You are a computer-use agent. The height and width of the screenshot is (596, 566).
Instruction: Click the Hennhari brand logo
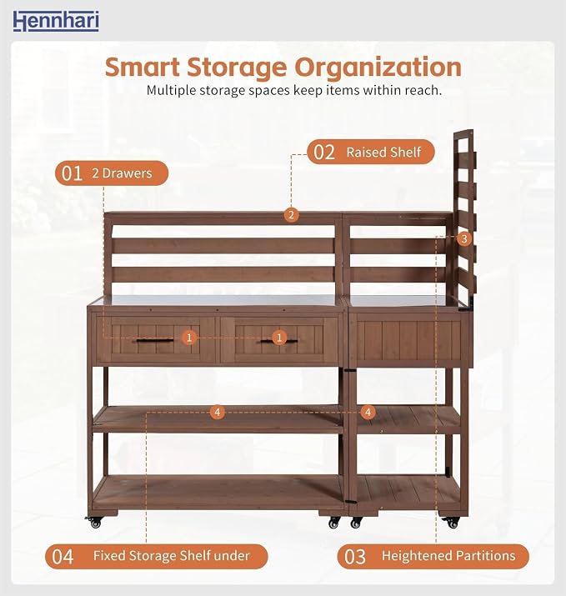tap(56, 21)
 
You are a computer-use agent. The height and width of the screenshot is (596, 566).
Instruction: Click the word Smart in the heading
tap(143, 68)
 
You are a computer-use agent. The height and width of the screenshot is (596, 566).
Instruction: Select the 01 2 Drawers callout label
tap(112, 173)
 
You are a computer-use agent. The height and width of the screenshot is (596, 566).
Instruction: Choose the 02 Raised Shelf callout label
tap(371, 152)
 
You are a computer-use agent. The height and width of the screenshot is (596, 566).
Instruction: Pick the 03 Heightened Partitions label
tap(433, 556)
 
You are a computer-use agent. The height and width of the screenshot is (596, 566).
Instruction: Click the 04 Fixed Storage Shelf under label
tap(156, 556)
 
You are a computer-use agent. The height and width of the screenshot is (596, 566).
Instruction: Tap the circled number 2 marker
tap(291, 215)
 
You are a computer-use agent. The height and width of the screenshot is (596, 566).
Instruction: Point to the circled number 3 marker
tap(463, 239)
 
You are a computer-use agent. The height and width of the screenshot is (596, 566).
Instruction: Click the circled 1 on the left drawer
tap(189, 338)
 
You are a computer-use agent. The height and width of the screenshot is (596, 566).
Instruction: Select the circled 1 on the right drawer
tap(279, 338)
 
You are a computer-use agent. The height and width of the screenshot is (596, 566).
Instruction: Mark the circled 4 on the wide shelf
tap(217, 412)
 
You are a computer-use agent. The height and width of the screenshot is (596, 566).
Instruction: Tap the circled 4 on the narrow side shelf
tap(368, 412)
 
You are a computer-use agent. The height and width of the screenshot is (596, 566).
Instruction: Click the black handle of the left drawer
tap(155, 341)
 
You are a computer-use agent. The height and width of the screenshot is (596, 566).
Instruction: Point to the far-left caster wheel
tap(95, 523)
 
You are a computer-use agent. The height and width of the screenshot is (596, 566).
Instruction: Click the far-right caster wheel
tap(453, 523)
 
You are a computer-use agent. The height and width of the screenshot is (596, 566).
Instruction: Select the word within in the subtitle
tap(382, 91)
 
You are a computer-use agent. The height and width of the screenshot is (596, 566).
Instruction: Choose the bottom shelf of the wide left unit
tap(218, 493)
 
